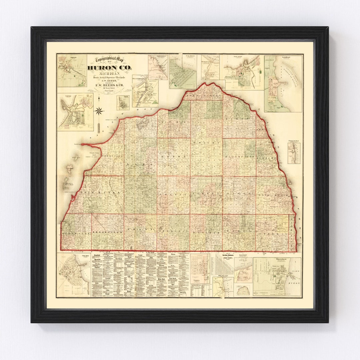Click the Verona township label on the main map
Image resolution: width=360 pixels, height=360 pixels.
[209, 193]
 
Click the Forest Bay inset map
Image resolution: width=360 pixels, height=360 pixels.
[294, 153]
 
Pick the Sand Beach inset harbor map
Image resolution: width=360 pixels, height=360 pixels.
[283, 83]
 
